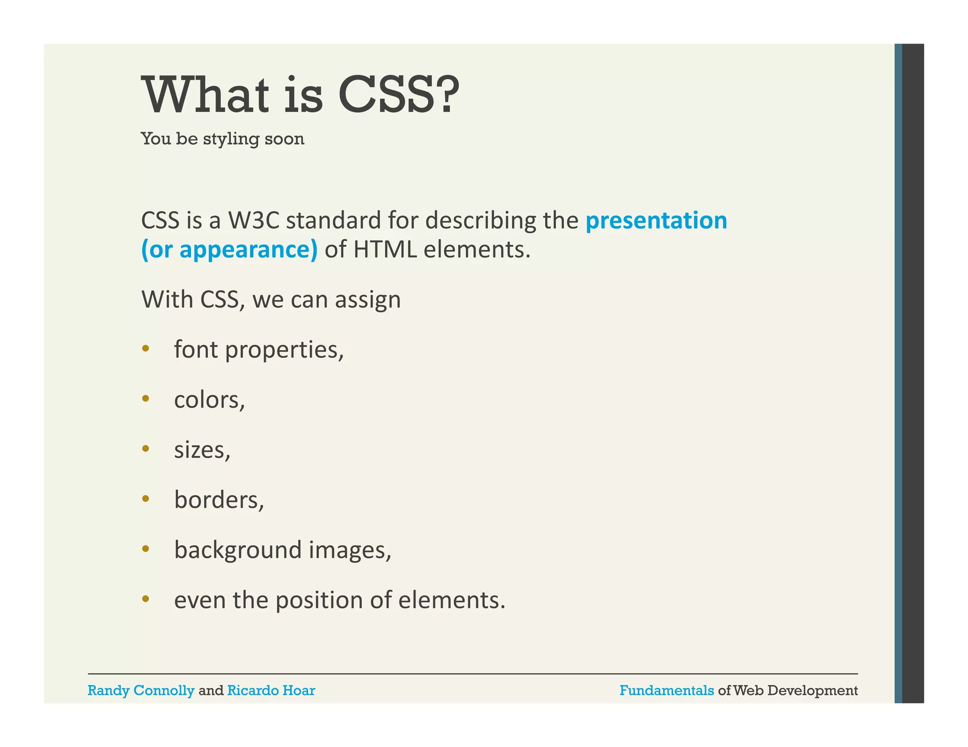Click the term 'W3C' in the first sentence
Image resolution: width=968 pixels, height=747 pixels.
(x=254, y=221)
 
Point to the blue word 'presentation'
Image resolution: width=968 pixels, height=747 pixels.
(x=656, y=221)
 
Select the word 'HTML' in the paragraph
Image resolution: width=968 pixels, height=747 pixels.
(x=385, y=249)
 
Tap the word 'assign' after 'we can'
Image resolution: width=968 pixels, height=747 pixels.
(x=368, y=300)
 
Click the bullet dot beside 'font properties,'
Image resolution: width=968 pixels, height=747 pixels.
(x=146, y=349)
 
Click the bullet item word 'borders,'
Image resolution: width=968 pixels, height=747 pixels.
(x=219, y=500)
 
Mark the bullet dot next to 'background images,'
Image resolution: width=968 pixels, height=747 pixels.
(x=146, y=549)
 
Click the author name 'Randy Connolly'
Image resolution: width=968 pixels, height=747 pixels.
(x=141, y=690)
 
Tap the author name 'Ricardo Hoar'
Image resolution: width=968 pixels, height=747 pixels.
(x=271, y=690)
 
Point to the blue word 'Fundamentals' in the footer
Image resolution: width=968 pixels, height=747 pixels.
(x=666, y=690)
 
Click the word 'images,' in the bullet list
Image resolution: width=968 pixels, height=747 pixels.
(x=350, y=551)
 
